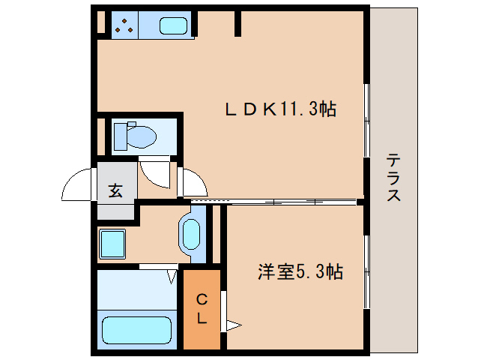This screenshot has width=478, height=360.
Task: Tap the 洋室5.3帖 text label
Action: point(300,271)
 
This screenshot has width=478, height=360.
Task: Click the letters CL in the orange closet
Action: point(202,308)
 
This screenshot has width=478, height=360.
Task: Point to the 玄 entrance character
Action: point(115,190)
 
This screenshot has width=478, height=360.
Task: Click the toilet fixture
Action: point(135,136)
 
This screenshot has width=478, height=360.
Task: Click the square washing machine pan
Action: point(113,243)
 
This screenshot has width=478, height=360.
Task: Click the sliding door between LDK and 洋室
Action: point(273,201)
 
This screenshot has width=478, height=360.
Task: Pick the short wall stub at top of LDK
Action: point(238,22)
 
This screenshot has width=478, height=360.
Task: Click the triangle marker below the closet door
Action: point(233,325)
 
